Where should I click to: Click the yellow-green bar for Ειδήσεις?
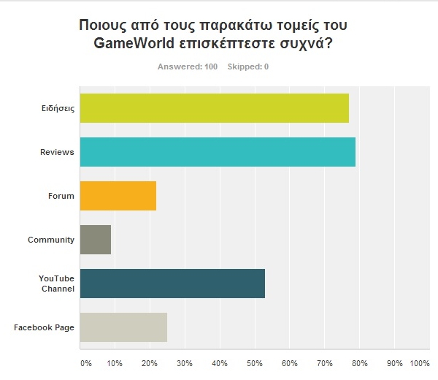coord(214,108)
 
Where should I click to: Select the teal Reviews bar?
coord(218,152)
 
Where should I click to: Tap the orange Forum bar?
coord(118,196)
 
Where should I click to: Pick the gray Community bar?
coord(95,240)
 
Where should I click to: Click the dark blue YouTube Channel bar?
coord(172,284)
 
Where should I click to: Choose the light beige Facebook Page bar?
coord(123,327)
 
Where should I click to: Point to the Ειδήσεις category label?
coord(58,108)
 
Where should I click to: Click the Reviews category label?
coord(58,152)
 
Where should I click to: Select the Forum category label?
coord(61,196)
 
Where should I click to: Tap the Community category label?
coord(51,240)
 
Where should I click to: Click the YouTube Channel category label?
coord(56,284)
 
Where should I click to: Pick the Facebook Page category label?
coord(44,327)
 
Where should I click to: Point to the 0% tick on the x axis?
coord(85,363)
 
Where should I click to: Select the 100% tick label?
coord(420,363)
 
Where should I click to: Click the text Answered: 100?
coord(188,67)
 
